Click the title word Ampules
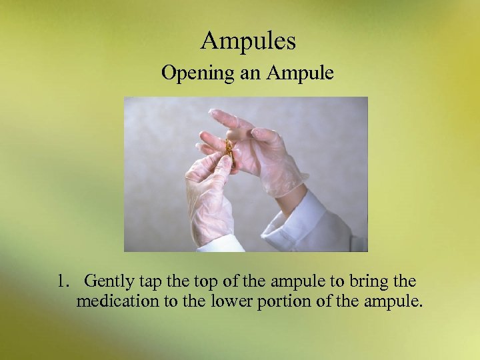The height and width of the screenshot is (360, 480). [x=248, y=42]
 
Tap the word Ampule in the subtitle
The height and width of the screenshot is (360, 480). [x=301, y=73]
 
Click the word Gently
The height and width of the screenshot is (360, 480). [x=108, y=281]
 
